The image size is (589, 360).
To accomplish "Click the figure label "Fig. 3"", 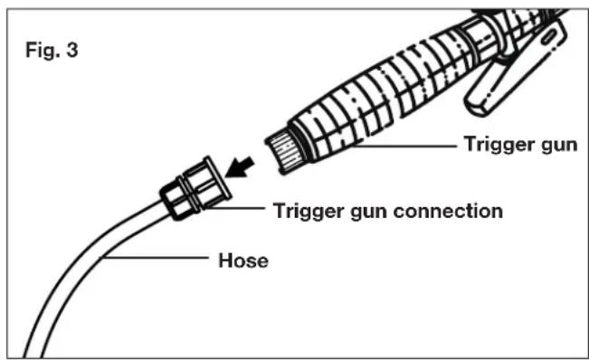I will pyautogui.click(x=52, y=50).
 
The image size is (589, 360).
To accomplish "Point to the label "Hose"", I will pyautogui.click(x=243, y=261).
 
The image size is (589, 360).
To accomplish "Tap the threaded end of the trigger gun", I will pyautogui.click(x=281, y=148).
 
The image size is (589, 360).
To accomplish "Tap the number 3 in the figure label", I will pyautogui.click(x=72, y=50).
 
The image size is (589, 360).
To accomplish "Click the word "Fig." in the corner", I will pyautogui.click(x=43, y=50).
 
